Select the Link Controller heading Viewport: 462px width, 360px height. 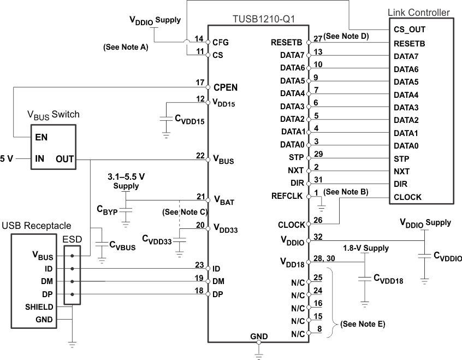(x=418, y=12)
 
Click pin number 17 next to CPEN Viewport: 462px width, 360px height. (x=200, y=82)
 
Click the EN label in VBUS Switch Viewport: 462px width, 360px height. (x=41, y=137)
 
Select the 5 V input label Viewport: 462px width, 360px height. (x=7, y=158)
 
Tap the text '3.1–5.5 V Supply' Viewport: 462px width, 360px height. (x=126, y=181)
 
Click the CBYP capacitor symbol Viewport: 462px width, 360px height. (x=126, y=209)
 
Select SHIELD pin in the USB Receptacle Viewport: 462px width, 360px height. (x=39, y=308)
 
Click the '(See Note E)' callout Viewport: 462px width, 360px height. (x=362, y=324)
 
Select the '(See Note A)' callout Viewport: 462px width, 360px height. (x=125, y=48)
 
